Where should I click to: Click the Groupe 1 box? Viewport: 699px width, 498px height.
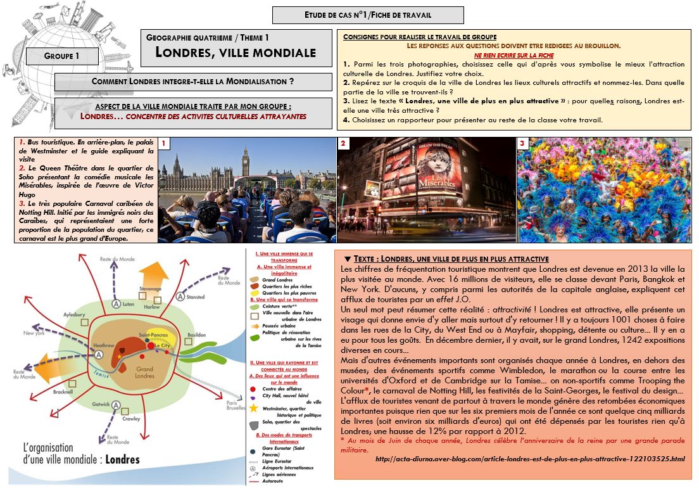tap(62, 56)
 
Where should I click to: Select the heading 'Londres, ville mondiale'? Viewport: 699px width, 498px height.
tap(236, 53)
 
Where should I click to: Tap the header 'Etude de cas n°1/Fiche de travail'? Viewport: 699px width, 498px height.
tap(368, 15)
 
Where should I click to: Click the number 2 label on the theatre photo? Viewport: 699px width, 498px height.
tap(343, 144)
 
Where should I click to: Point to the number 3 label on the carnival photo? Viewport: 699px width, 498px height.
tap(522, 144)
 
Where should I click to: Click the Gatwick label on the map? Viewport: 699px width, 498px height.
tap(101, 404)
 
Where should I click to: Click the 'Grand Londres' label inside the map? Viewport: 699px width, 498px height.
tap(144, 372)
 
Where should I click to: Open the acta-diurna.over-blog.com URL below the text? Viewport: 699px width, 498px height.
tap(529, 458)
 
